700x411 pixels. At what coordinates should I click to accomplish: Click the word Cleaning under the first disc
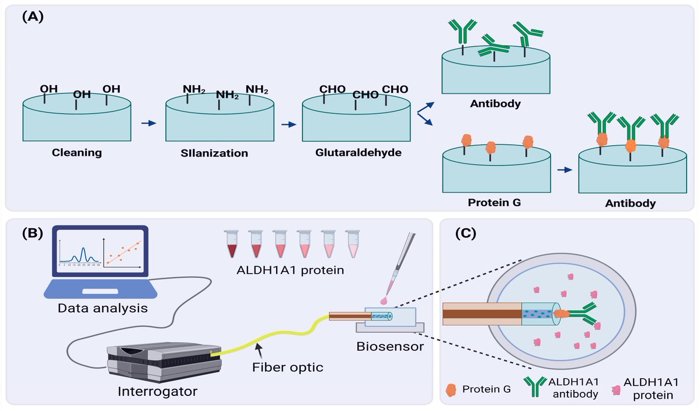pos(76,154)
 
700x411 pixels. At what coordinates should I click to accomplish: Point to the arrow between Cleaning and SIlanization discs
pos(149,123)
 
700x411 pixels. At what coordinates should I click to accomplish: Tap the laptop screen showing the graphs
pos(100,250)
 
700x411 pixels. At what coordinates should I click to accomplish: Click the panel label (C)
pos(465,233)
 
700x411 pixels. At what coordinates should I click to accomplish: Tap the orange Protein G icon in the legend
pos(450,389)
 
